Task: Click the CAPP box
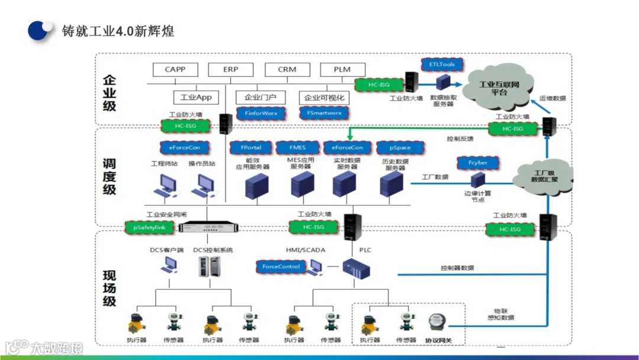click(x=175, y=69)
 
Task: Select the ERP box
click(x=231, y=69)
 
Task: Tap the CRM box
click(x=287, y=69)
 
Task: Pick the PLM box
click(x=342, y=69)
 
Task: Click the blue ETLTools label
click(x=442, y=64)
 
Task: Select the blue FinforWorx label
click(x=261, y=112)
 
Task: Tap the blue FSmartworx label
click(x=324, y=112)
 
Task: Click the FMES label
click(x=298, y=147)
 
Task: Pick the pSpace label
click(x=401, y=147)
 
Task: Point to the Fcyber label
click(x=477, y=162)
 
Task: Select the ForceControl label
click(x=281, y=267)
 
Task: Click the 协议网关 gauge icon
click(x=438, y=323)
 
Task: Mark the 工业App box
click(x=196, y=97)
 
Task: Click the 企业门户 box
click(x=260, y=97)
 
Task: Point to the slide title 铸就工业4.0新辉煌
click(x=118, y=31)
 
